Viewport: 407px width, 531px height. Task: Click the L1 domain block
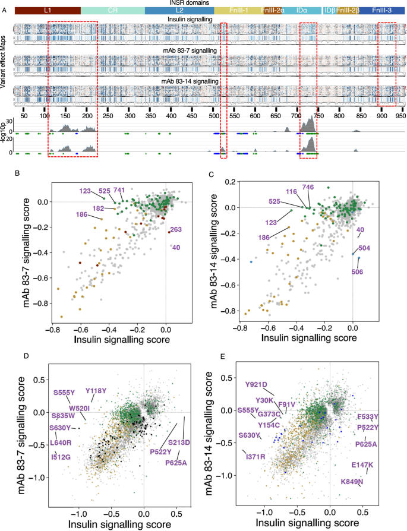48,11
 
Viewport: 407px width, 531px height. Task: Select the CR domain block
112,11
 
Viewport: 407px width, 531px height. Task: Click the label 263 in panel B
176,230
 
